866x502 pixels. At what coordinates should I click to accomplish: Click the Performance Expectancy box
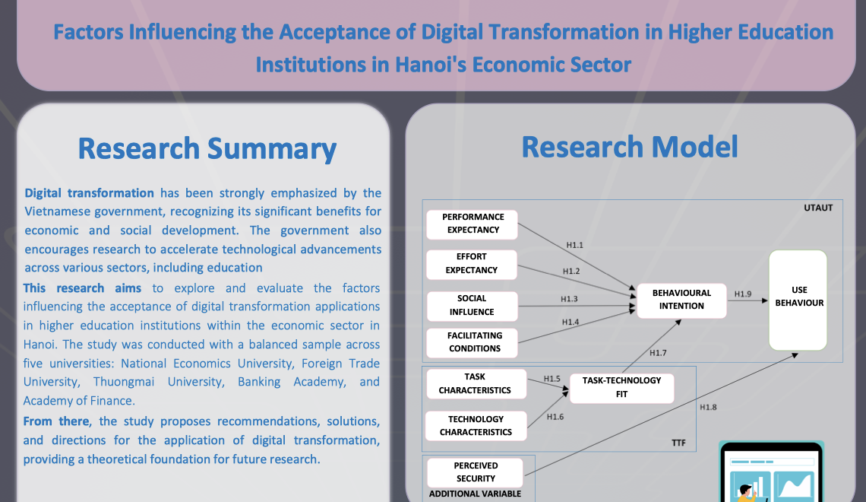pyautogui.click(x=472, y=224)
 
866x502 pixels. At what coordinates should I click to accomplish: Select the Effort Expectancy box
pyautogui.click(x=472, y=263)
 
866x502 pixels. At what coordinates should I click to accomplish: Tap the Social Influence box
pyautogui.click(x=472, y=305)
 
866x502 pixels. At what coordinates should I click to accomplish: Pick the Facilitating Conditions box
pyautogui.click(x=475, y=342)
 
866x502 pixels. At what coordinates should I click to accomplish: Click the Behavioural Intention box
pyautogui.click(x=681, y=299)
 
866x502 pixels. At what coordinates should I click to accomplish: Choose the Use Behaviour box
pyautogui.click(x=798, y=300)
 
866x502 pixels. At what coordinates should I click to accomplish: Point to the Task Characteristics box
pyautogui.click(x=476, y=383)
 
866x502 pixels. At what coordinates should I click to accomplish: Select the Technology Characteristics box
pyautogui.click(x=476, y=425)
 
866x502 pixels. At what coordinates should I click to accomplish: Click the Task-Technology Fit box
pyautogui.click(x=621, y=387)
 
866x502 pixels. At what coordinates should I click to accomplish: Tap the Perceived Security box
pyautogui.click(x=476, y=472)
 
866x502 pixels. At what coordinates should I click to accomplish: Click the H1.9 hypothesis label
pyautogui.click(x=743, y=294)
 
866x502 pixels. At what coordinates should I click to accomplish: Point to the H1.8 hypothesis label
pyautogui.click(x=708, y=407)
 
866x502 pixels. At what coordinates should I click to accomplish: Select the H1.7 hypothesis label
pyautogui.click(x=658, y=353)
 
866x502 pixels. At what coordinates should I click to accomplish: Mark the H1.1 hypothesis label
pyautogui.click(x=575, y=245)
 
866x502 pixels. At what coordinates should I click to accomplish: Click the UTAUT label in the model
pyautogui.click(x=818, y=208)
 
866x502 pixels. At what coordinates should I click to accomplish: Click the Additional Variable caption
pyautogui.click(x=476, y=494)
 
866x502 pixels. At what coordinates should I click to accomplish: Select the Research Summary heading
pyautogui.click(x=207, y=148)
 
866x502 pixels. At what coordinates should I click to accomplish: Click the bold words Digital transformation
pyautogui.click(x=89, y=193)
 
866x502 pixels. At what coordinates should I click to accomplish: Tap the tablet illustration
pyautogui.click(x=771, y=473)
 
